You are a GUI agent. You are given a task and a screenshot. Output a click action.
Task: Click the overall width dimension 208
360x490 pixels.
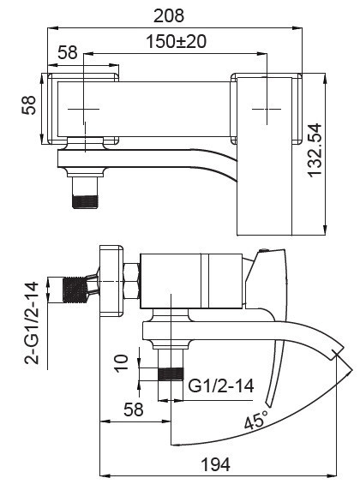[x=174, y=15]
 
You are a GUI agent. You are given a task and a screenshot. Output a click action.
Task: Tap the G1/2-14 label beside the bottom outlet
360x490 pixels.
[x=221, y=385]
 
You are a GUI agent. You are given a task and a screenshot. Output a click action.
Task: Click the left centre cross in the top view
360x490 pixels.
[x=84, y=110]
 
